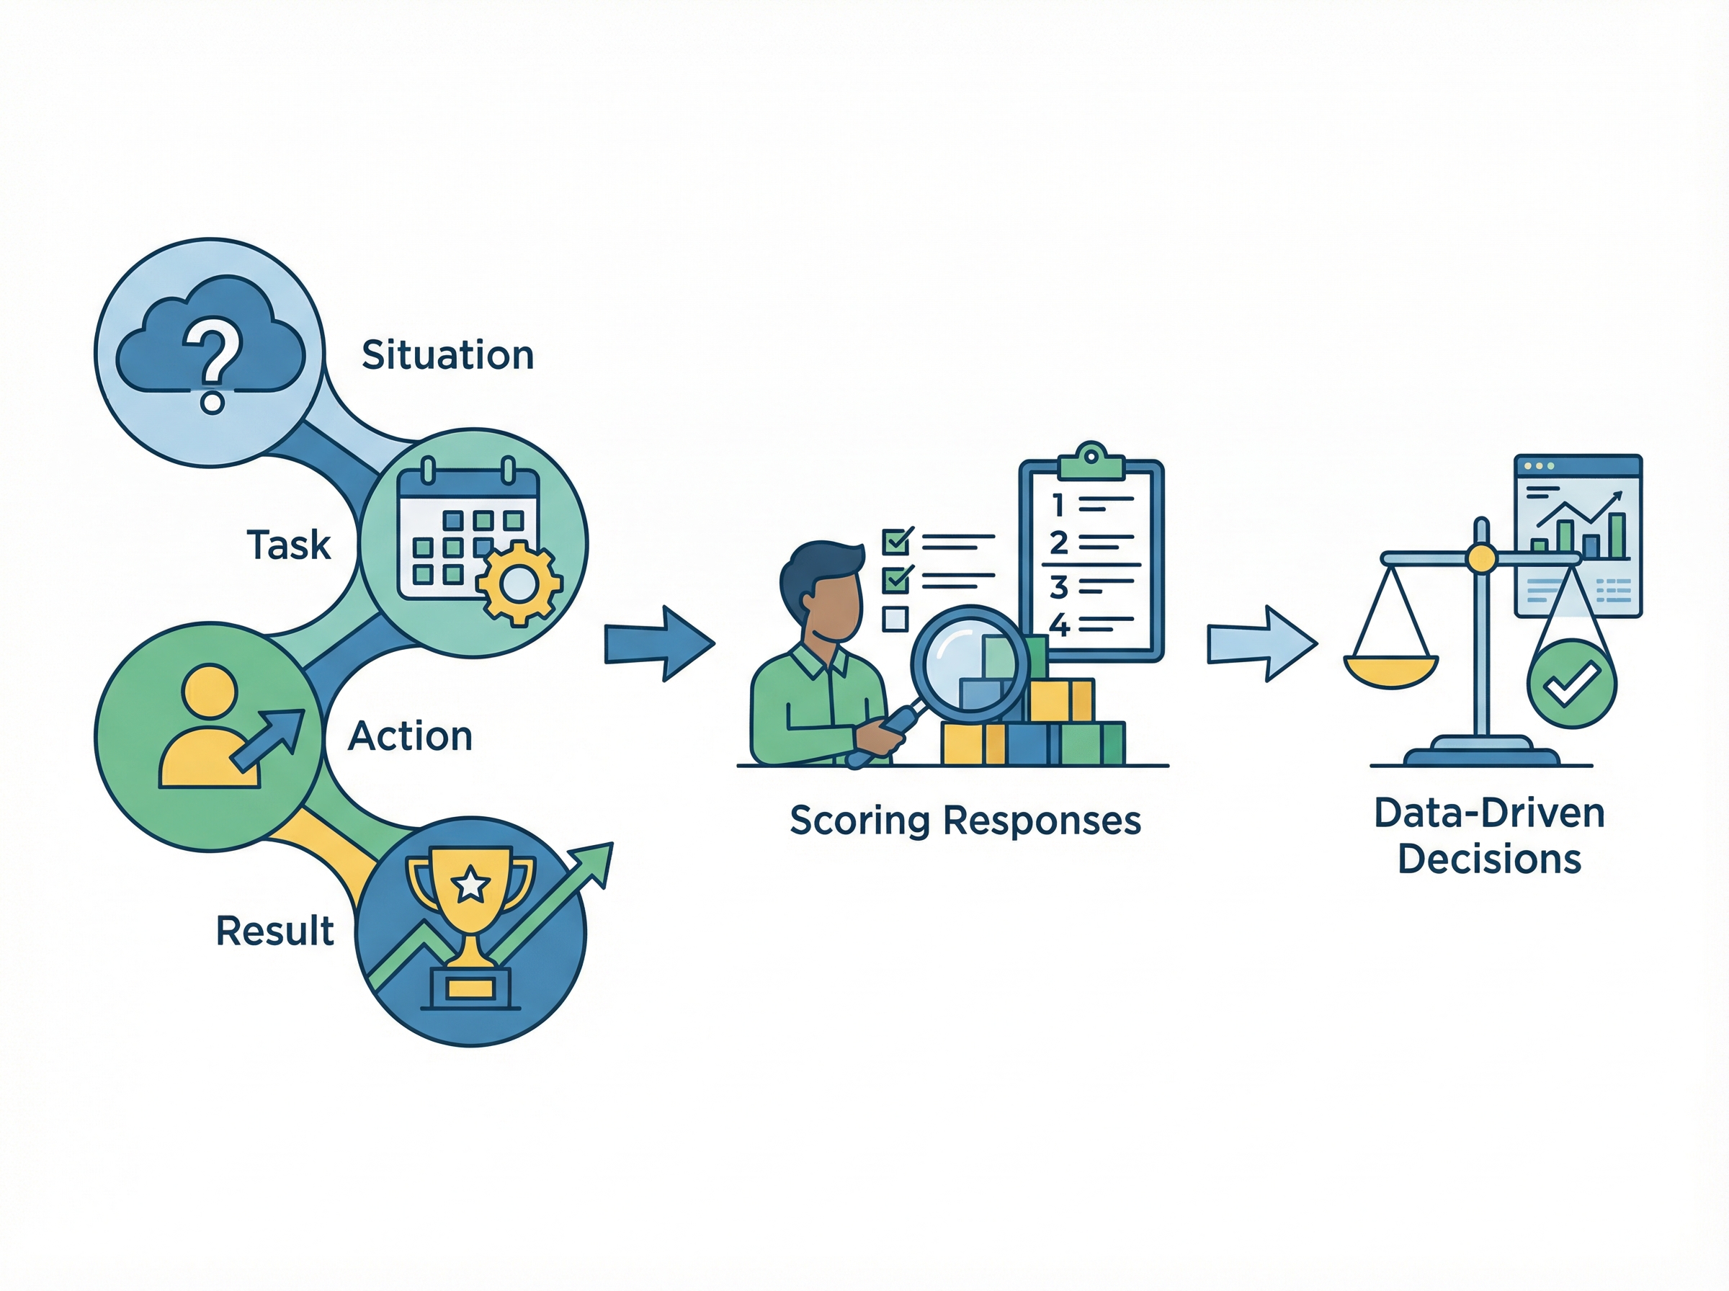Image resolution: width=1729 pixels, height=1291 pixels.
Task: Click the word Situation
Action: pyautogui.click(x=447, y=356)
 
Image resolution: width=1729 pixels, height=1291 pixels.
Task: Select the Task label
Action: pyautogui.click(x=288, y=545)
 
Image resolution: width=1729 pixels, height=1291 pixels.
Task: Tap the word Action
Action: pyautogui.click(x=410, y=736)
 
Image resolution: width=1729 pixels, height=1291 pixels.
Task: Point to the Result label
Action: pyautogui.click(x=274, y=931)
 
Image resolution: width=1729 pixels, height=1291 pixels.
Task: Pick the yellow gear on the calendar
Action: pyautogui.click(x=519, y=583)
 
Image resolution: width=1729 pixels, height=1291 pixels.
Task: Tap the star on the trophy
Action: pyautogui.click(x=470, y=885)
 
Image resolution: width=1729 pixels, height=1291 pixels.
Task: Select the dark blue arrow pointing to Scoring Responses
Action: pyautogui.click(x=659, y=643)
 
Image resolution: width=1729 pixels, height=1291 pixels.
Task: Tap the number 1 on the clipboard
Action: pyautogui.click(x=1058, y=506)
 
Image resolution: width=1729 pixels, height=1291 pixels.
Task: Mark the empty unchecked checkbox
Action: pyautogui.click(x=895, y=619)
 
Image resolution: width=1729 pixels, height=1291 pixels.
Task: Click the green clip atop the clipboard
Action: pyautogui.click(x=1091, y=463)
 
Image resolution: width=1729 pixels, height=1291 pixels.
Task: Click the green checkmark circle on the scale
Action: pyautogui.click(x=1571, y=684)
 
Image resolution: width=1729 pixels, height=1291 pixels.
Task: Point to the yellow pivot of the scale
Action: pyautogui.click(x=1480, y=558)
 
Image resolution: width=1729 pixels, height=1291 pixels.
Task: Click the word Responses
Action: pyautogui.click(x=1042, y=821)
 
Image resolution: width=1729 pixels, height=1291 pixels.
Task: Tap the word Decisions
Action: pyautogui.click(x=1489, y=859)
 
